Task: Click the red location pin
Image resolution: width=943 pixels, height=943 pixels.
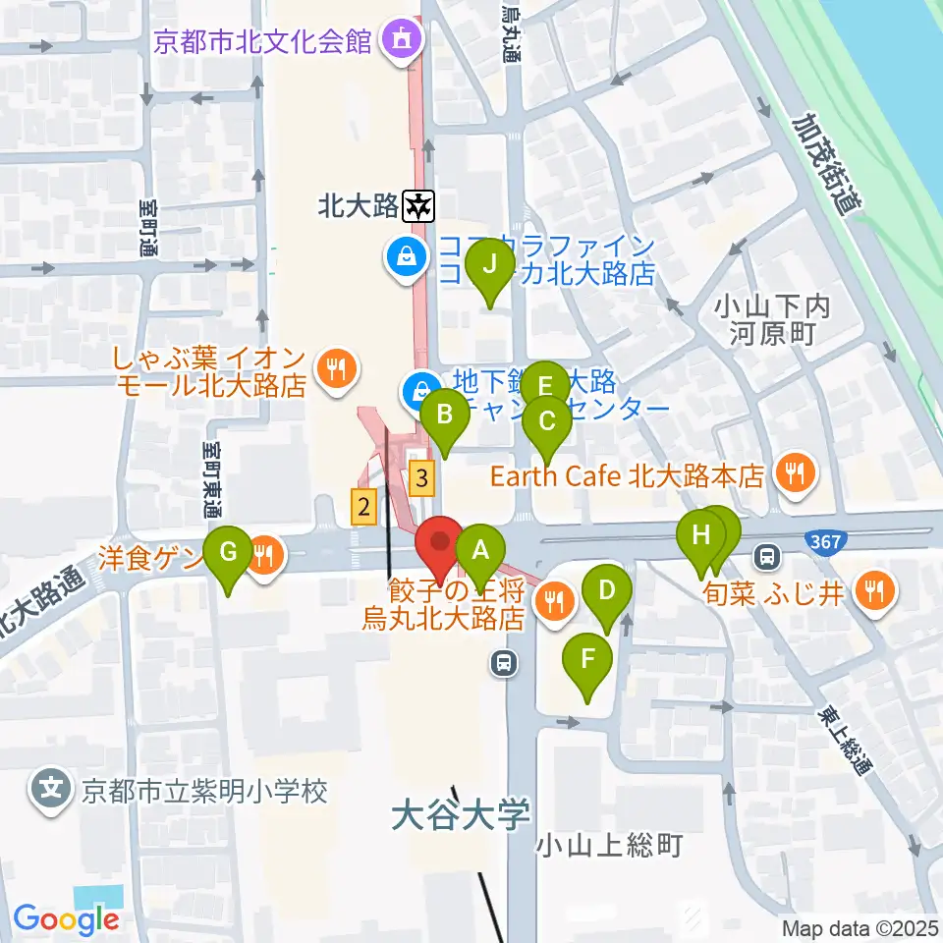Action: [437, 544]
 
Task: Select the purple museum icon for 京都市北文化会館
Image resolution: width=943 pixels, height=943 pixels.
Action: [400, 41]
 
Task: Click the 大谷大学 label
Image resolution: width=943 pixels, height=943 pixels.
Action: [460, 814]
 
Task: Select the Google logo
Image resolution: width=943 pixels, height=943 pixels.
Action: [66, 919]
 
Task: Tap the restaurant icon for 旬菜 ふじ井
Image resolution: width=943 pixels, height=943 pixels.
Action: [871, 592]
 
